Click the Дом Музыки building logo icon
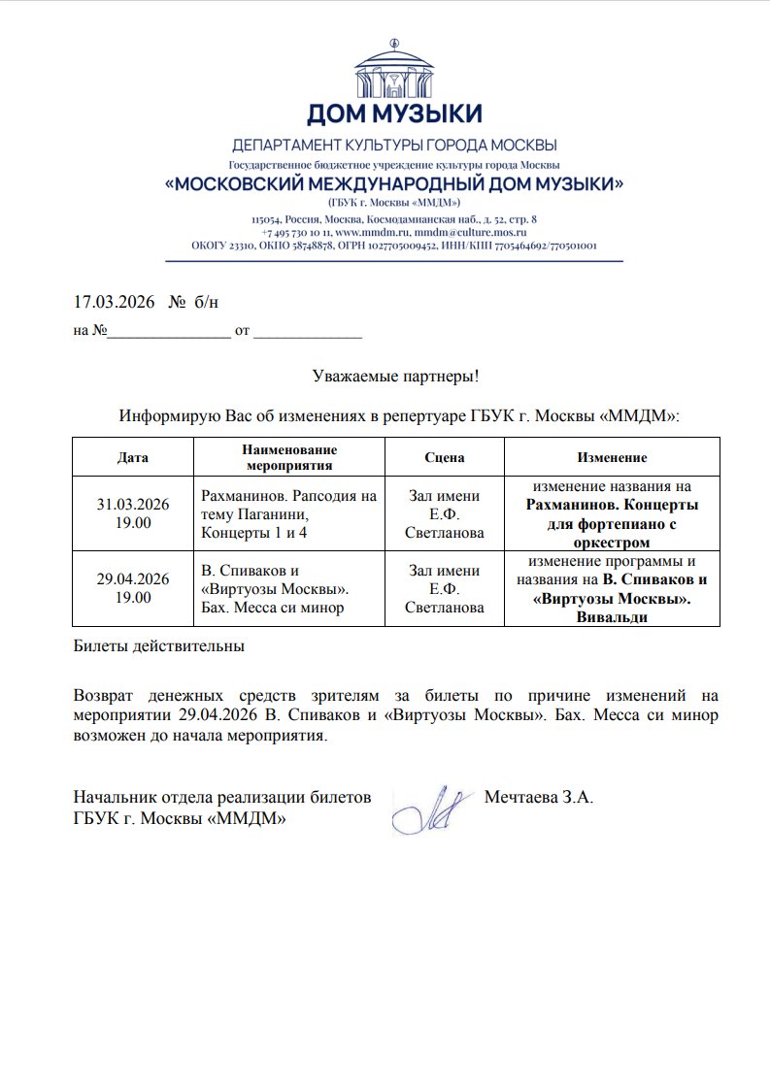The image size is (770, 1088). (x=393, y=68)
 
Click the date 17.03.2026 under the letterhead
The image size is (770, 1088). (x=115, y=302)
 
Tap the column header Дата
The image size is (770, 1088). (x=133, y=457)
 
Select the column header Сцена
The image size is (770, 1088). (x=445, y=457)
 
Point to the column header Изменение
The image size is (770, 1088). (x=612, y=457)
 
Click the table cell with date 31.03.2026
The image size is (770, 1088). (x=133, y=513)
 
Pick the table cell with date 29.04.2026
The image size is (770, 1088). (x=133, y=588)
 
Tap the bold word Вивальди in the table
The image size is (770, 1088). (x=612, y=618)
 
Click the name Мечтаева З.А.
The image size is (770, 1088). (x=538, y=799)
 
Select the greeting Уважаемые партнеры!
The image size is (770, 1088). (x=396, y=376)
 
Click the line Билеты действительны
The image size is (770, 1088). (x=159, y=644)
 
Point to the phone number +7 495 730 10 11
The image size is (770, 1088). (x=296, y=233)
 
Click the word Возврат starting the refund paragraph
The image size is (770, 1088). (x=105, y=696)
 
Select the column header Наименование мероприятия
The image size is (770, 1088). (x=288, y=457)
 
